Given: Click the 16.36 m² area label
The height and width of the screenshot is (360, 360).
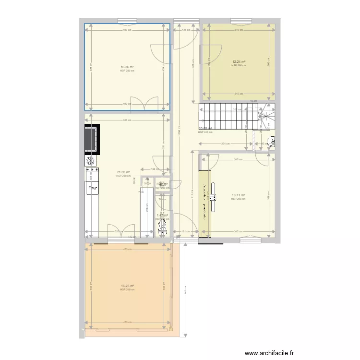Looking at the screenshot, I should tap(127, 68).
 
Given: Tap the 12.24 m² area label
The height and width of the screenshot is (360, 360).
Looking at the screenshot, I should tap(239, 62).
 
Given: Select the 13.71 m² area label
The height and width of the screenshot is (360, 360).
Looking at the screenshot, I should tap(238, 195).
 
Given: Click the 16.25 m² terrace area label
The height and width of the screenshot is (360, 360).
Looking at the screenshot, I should tap(127, 287).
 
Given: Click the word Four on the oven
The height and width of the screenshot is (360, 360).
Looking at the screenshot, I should tap(92, 188).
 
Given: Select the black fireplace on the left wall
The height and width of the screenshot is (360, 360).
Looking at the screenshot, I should tap(92, 139).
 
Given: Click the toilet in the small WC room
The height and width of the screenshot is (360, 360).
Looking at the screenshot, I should tap(162, 225).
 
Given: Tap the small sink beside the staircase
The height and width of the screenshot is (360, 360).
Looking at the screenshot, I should tap(272, 142).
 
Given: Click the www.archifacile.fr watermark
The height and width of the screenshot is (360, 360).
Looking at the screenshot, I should tap(269, 353).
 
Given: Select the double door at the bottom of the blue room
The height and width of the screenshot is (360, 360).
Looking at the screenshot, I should tap(144, 103).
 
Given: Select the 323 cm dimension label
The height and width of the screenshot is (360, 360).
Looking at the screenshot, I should tap(118, 232).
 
